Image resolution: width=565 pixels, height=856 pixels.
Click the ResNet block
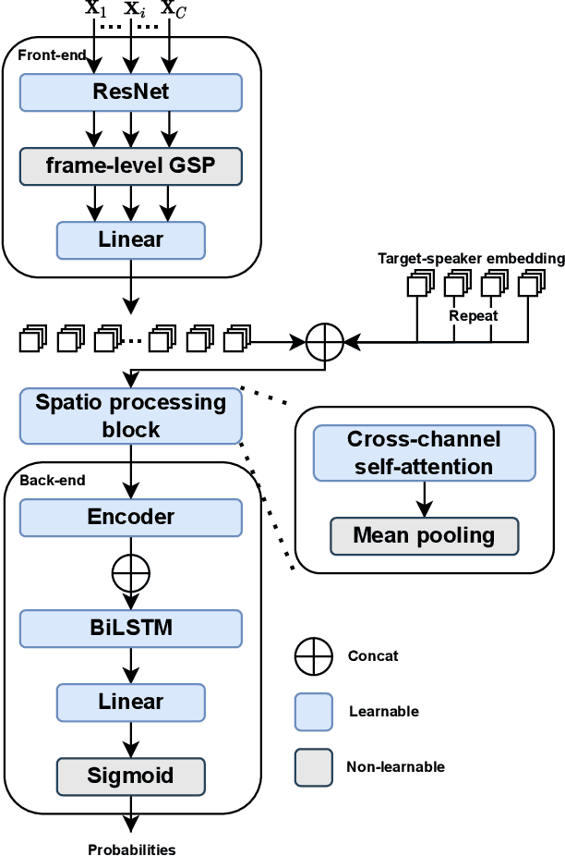pos(130,92)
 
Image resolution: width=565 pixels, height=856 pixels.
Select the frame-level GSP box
pos(130,166)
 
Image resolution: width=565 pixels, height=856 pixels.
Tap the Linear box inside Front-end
pos(130,240)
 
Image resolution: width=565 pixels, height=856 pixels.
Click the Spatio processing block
pos(130,416)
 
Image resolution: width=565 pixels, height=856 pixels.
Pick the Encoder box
pos(130,518)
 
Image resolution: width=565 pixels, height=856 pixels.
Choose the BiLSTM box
pos(130,629)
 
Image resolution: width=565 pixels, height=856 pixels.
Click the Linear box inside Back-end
pos(130,703)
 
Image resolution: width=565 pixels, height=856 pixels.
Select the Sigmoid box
pos(130,776)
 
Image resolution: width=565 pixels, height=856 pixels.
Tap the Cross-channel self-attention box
pos(424,453)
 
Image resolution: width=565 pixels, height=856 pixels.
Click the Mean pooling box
pos(424,535)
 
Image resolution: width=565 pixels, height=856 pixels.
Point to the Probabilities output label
pos(131,850)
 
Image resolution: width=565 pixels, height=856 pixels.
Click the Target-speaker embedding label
pos(471,259)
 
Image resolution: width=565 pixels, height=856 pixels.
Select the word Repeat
pos(474,315)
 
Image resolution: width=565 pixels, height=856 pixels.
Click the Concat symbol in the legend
pos(313,656)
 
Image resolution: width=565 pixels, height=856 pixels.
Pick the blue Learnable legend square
pos(313,712)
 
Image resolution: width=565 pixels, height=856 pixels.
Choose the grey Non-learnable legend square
pos(313,767)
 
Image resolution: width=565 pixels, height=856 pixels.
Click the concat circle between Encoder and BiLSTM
pos(130,573)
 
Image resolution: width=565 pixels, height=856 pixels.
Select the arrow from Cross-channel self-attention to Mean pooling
pos(424,499)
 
